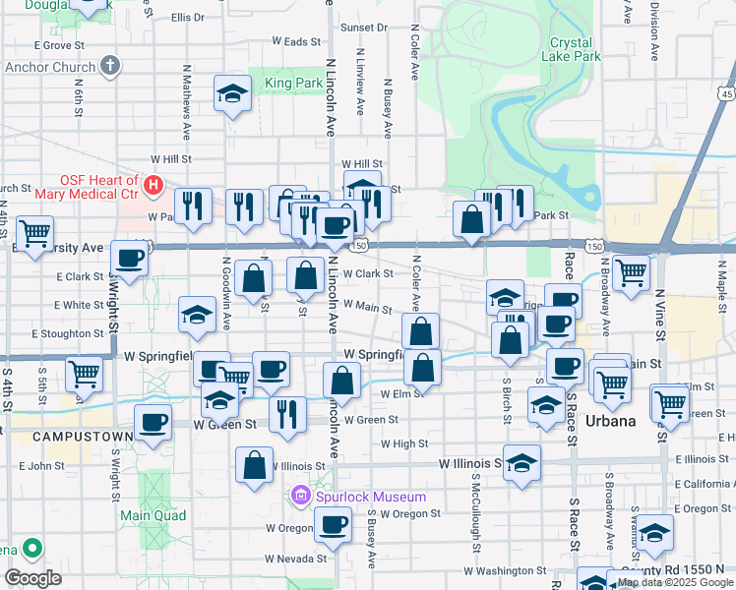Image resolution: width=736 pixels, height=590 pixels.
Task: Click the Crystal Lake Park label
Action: click(x=571, y=49)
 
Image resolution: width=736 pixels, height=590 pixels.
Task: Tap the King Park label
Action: click(x=293, y=84)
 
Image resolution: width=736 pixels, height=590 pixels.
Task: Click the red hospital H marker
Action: click(x=153, y=184)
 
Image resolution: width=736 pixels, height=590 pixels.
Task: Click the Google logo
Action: click(x=33, y=577)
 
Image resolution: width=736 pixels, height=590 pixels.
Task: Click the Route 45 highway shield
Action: click(x=726, y=93)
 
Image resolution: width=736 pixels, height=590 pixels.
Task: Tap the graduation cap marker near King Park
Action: click(x=232, y=94)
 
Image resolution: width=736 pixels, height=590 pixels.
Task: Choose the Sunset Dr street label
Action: click(x=364, y=28)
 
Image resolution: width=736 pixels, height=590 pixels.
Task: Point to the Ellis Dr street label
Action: click(x=187, y=18)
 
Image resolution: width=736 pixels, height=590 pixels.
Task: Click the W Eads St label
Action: click(x=297, y=41)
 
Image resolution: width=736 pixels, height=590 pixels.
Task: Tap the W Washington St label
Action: click(x=505, y=570)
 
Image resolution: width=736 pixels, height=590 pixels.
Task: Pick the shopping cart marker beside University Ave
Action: click(x=34, y=233)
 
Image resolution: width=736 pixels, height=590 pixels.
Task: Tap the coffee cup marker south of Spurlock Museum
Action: click(x=332, y=527)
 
